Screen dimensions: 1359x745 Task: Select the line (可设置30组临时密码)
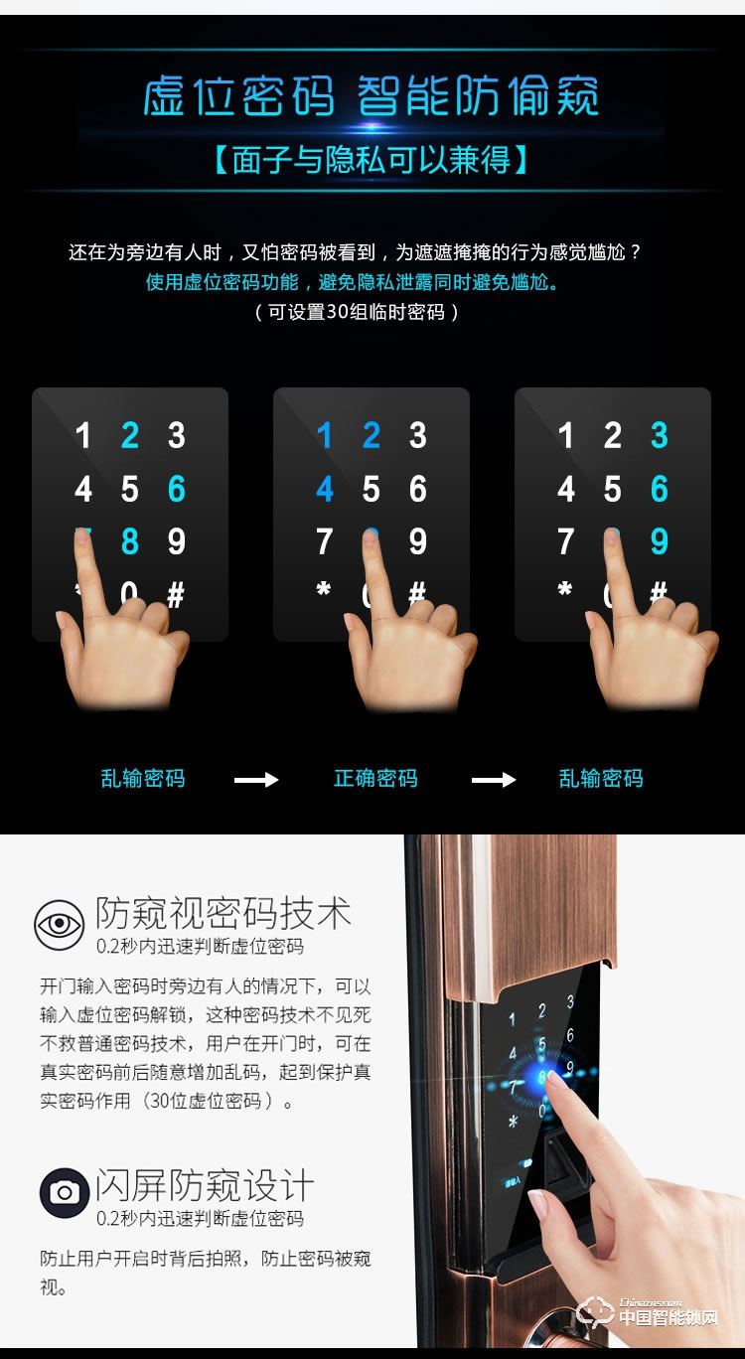[358, 312]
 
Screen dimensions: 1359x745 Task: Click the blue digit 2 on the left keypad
[129, 435]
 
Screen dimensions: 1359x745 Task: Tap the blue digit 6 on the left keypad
[176, 489]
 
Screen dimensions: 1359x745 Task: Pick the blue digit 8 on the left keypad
[129, 542]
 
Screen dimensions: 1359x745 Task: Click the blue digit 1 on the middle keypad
[324, 435]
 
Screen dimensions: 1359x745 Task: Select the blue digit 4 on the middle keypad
[324, 489]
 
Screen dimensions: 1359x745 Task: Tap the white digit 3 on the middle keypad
[418, 435]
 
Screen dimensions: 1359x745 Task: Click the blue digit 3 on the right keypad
[660, 435]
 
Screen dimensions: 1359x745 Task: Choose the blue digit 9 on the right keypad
[660, 542]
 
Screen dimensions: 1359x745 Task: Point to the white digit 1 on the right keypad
[566, 435]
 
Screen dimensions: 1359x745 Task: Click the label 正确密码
[375, 778]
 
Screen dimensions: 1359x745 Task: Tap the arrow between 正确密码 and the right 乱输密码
[494, 780]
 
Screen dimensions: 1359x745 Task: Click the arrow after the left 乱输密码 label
[256, 780]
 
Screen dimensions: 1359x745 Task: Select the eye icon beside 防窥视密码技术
[60, 925]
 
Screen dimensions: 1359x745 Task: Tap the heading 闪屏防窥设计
[205, 1185]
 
